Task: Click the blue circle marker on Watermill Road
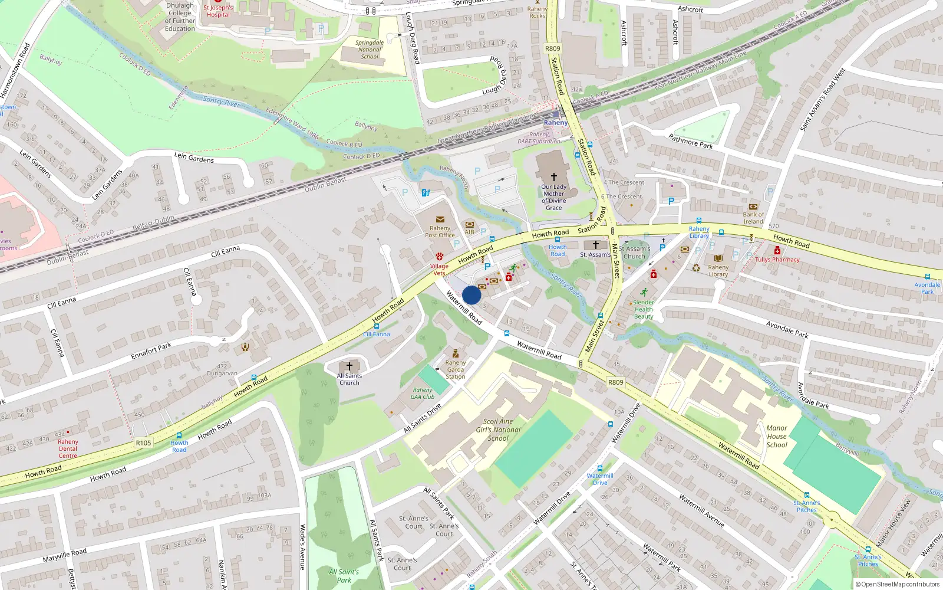click(471, 295)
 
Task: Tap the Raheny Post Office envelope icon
click(440, 219)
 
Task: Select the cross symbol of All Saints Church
click(349, 366)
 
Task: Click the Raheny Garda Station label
click(455, 369)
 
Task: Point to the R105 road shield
click(143, 442)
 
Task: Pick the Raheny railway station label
click(556, 123)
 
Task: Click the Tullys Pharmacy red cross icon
click(777, 251)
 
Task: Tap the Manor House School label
click(777, 437)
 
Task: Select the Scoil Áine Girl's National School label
click(498, 430)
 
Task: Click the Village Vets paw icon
click(439, 257)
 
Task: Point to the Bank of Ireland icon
click(753, 207)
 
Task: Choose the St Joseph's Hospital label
click(218, 11)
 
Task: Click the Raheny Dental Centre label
click(68, 448)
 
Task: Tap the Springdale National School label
click(370, 50)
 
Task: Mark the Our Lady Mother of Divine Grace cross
click(553, 176)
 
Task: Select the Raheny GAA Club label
click(423, 394)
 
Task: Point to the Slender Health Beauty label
click(644, 309)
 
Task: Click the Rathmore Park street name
click(691, 141)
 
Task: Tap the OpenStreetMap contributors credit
click(897, 585)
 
